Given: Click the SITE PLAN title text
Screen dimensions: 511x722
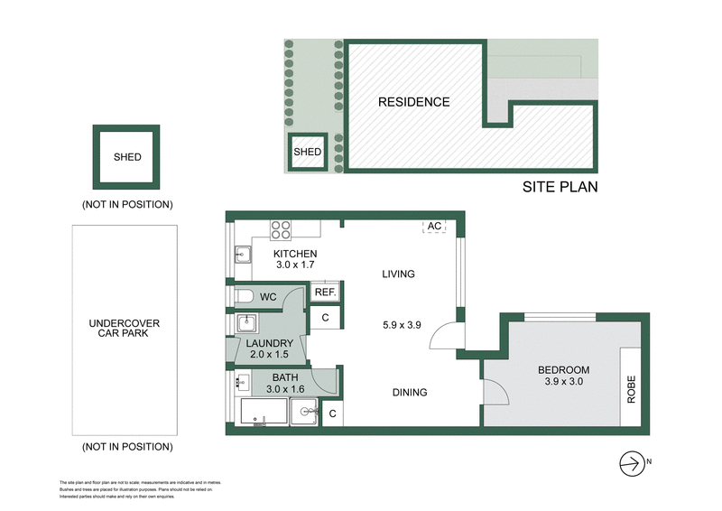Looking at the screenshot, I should coord(560,188).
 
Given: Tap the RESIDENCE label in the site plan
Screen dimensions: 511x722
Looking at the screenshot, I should coord(413,102).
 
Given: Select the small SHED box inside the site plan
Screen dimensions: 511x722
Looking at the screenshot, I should coord(308,153).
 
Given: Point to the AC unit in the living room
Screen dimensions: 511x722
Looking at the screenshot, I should coord(434,227).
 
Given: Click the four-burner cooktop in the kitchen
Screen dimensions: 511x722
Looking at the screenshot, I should coord(281,229).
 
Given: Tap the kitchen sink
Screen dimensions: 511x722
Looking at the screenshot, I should coord(242,255).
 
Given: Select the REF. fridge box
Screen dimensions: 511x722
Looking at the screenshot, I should coord(325,293).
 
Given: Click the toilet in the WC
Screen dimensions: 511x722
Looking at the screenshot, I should coord(245,295).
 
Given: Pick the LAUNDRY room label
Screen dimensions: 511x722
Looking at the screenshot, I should coord(267,343).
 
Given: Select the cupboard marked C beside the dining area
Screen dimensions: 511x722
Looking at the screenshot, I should coord(332,413).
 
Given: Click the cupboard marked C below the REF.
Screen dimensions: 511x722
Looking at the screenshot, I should coord(325,317).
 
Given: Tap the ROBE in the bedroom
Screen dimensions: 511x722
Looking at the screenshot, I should coord(632,389).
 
